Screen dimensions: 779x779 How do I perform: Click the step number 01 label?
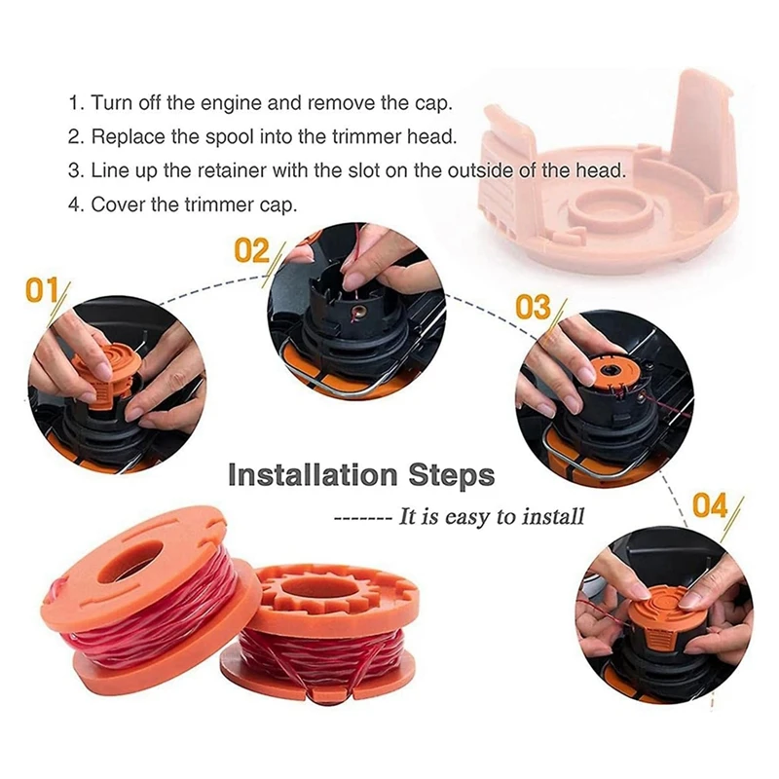pyautogui.click(x=42, y=290)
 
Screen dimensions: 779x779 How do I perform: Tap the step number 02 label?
pyautogui.click(x=251, y=250)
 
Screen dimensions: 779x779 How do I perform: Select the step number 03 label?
pyautogui.click(x=533, y=307)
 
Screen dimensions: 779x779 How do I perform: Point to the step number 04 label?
pyautogui.click(x=710, y=505)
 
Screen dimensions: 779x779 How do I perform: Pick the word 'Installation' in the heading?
pyautogui.click(x=313, y=475)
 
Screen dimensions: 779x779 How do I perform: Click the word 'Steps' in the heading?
pyautogui.click(x=452, y=476)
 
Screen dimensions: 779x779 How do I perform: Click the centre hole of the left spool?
pyautogui.click(x=131, y=565)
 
